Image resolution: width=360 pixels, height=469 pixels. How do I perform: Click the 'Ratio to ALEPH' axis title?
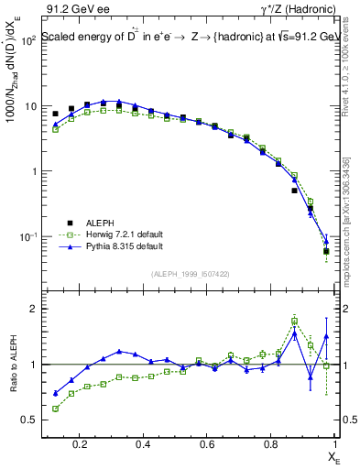click(x=16, y=365)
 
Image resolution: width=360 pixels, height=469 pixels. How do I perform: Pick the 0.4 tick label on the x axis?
click(x=143, y=444)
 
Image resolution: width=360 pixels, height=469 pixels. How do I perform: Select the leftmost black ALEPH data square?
click(x=55, y=114)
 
